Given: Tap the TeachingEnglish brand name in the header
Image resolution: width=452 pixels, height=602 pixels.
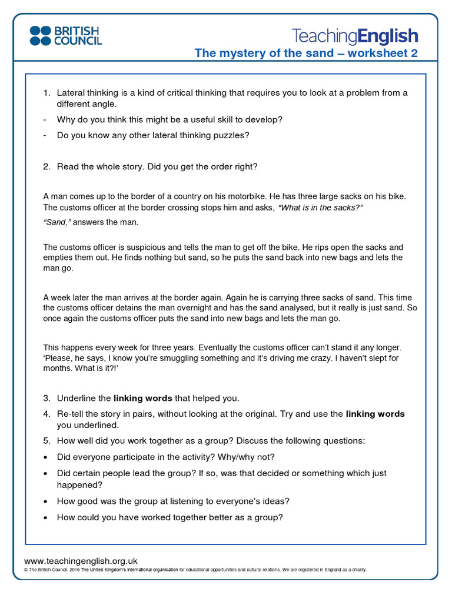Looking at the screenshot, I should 355,36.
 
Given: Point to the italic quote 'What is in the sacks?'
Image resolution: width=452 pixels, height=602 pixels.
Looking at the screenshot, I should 320,208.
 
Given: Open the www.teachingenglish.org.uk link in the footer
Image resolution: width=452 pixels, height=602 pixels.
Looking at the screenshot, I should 81,561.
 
